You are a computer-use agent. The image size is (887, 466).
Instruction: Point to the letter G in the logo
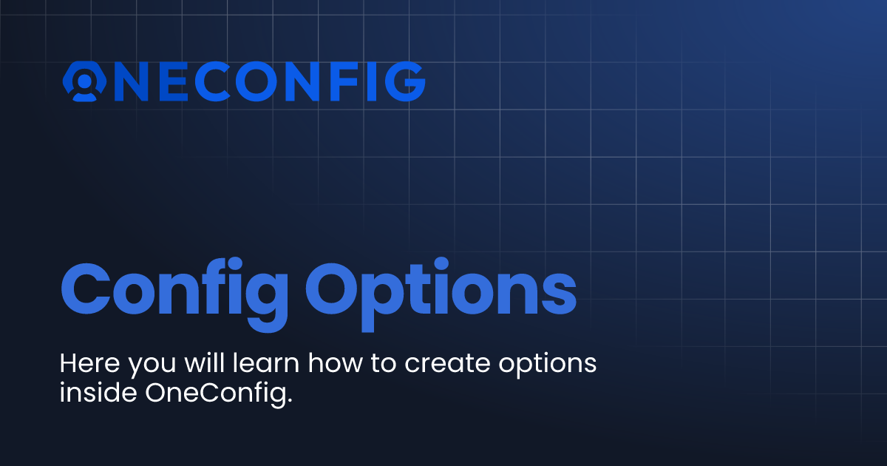(x=405, y=81)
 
